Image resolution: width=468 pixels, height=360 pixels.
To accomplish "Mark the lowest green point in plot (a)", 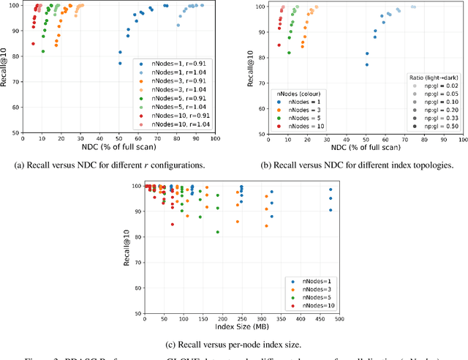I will pos(43,51).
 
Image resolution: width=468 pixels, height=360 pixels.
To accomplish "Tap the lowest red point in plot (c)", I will pos(173,224).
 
